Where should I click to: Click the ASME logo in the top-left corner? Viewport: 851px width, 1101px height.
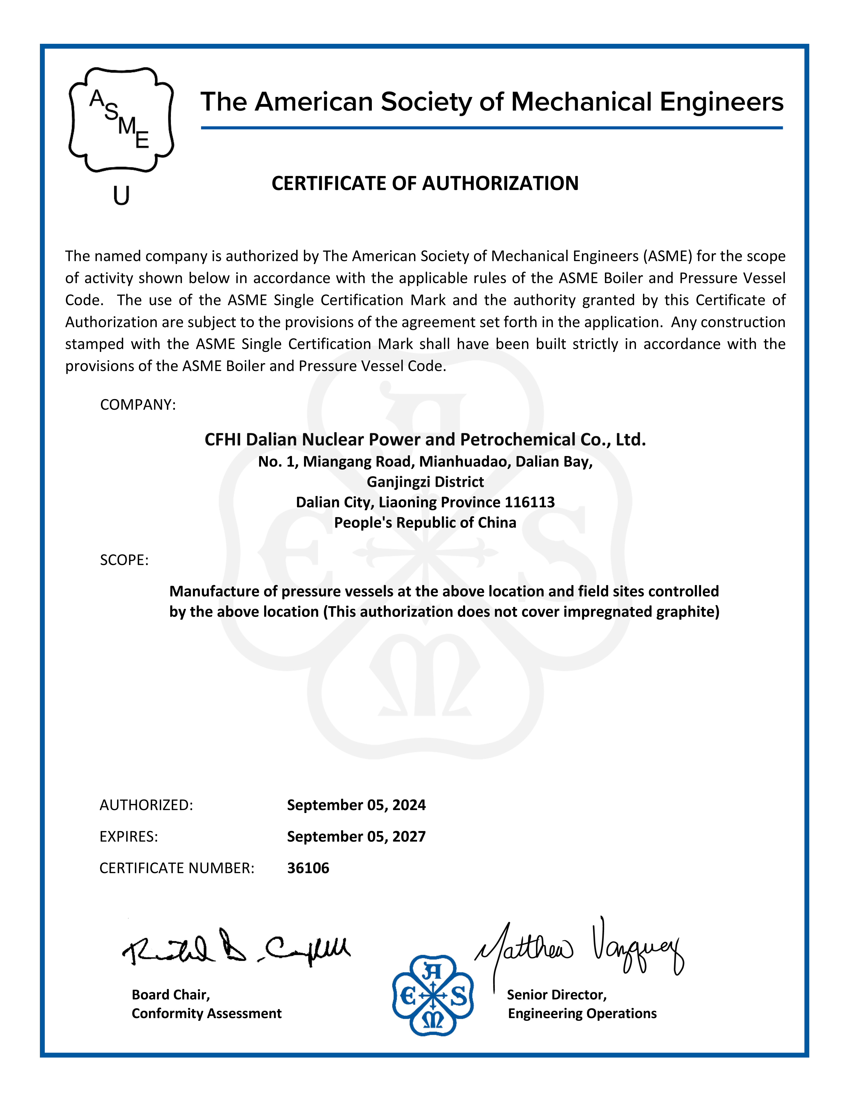tap(121, 120)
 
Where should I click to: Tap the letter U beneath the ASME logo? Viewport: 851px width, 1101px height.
tap(121, 195)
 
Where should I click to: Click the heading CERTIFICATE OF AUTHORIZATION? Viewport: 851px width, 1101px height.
tap(425, 184)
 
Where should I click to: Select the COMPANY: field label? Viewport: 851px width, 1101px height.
tap(138, 405)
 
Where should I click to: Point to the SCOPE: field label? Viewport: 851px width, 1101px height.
tap(124, 560)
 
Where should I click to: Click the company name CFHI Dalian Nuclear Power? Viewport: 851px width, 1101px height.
tap(425, 440)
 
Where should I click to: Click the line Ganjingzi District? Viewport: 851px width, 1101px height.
tap(425, 482)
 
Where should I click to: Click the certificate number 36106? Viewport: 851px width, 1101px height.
tap(308, 868)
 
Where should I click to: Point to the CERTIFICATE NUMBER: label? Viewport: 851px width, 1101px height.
tap(177, 868)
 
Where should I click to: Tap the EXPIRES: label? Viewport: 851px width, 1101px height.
tap(129, 836)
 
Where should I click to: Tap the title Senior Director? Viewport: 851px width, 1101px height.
tap(557, 995)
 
